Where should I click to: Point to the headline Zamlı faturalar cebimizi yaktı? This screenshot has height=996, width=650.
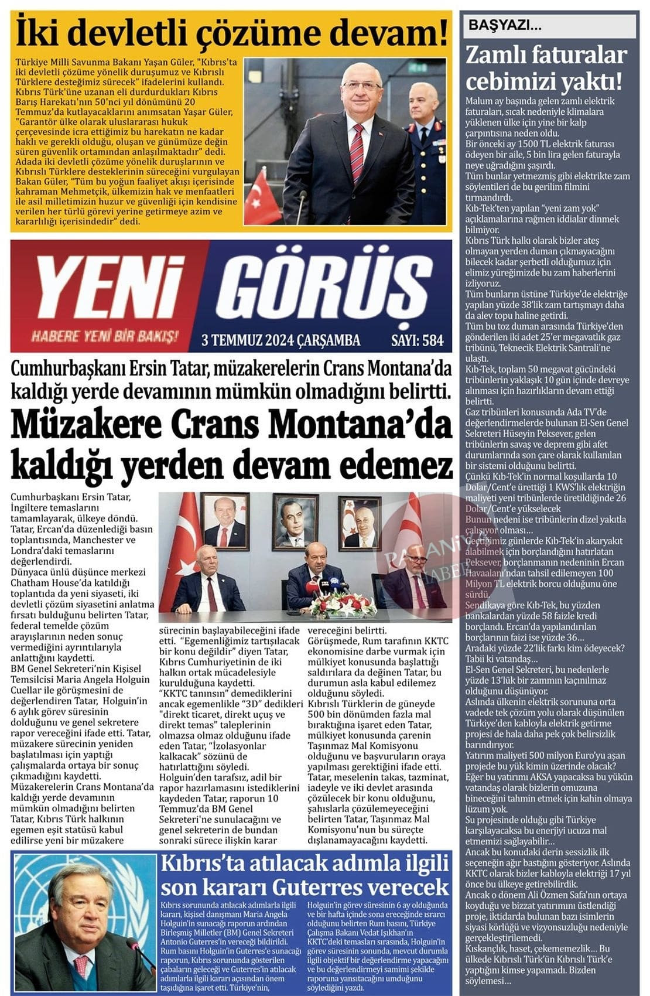[x=546, y=68]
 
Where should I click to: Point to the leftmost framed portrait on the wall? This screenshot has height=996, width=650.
[x=223, y=520]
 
